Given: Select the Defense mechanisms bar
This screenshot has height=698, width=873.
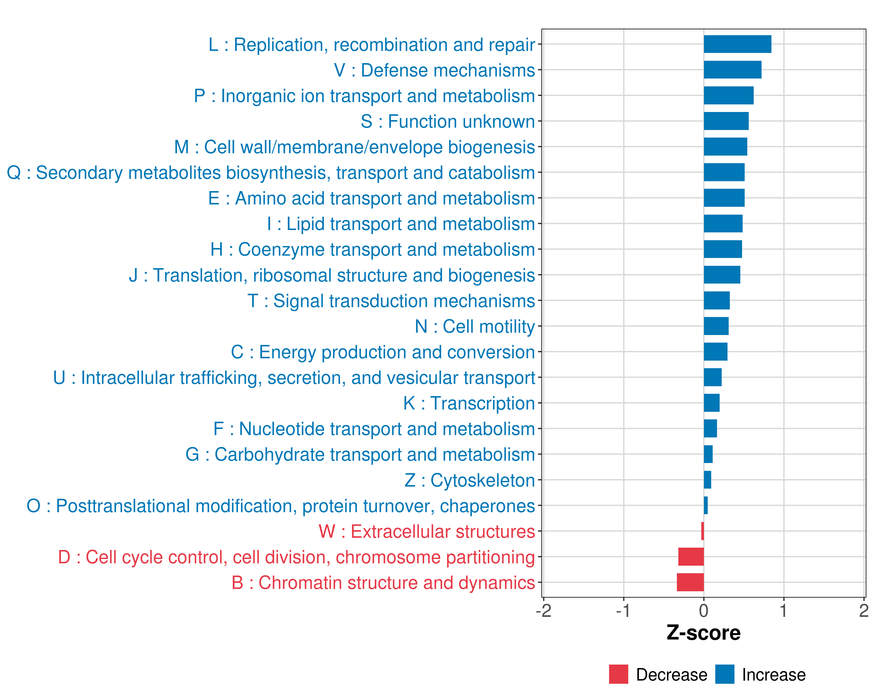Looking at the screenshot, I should (x=732, y=70).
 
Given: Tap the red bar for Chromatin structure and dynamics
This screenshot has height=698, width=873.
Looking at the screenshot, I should (x=690, y=582).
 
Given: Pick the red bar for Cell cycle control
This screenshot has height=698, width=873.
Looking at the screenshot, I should (x=691, y=556).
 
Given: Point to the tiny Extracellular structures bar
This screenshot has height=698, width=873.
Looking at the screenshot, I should (x=702, y=531).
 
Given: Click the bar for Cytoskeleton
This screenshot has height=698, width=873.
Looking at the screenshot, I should (x=707, y=480).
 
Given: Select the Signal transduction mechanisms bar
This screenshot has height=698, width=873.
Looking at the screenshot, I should (x=716, y=300).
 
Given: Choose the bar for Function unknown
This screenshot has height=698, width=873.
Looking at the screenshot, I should (x=726, y=121).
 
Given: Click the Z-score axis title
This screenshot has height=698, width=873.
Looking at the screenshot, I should (x=704, y=633).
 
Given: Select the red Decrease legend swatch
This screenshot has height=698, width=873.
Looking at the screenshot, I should (x=618, y=674).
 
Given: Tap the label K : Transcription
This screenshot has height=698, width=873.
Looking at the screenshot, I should (x=469, y=403).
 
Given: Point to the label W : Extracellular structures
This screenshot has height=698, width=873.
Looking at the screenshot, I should (x=427, y=532).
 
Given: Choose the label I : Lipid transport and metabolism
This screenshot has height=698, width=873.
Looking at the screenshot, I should (x=401, y=224).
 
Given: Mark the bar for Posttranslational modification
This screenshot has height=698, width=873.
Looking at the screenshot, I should (x=706, y=505).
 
